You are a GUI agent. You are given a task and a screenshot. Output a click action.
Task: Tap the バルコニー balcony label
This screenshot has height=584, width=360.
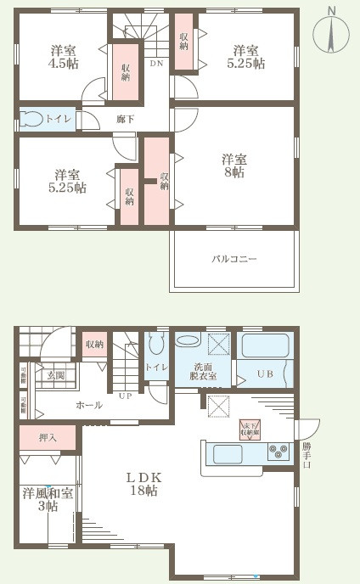click(x=233, y=258)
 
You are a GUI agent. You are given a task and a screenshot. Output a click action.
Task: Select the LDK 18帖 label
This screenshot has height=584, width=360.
click(x=142, y=484)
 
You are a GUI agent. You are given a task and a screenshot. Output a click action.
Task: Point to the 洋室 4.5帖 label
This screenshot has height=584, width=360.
click(x=60, y=55)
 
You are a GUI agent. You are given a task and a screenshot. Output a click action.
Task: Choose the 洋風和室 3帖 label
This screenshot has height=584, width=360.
click(x=40, y=499)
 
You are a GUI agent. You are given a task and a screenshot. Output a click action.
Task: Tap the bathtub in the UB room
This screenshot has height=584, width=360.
click(x=267, y=345)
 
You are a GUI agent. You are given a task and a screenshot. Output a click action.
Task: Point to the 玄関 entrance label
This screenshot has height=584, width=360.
click(x=56, y=374)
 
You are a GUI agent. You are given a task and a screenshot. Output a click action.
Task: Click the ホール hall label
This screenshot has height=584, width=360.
click(x=89, y=405)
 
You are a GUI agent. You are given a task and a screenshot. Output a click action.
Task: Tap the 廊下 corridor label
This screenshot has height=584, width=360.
click(x=126, y=119)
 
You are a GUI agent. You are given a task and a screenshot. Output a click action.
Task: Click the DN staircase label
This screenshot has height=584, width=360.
click(x=156, y=64)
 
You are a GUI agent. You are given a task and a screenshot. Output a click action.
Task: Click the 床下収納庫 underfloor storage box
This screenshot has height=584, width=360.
click(x=249, y=430)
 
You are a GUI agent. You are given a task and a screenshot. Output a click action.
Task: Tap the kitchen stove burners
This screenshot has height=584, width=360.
click(x=278, y=452)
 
